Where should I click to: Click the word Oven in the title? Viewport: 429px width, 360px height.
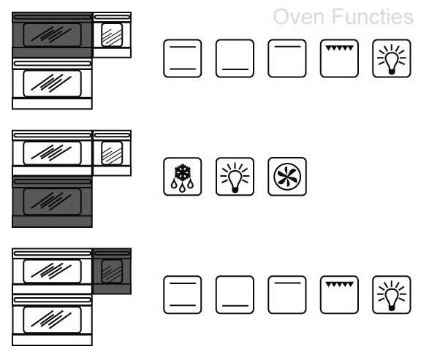[299, 17]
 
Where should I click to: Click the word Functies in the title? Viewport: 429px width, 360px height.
[373, 17]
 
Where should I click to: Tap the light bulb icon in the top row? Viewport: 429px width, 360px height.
[392, 58]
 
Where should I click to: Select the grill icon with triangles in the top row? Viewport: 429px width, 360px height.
[339, 58]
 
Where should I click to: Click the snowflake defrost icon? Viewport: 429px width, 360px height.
[183, 177]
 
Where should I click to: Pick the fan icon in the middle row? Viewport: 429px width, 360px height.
[287, 177]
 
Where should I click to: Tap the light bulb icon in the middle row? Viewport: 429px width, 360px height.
[235, 177]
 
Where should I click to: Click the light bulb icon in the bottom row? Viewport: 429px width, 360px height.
[392, 295]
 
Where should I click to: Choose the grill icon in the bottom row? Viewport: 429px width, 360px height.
[339, 295]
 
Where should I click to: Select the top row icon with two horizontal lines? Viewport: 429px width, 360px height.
[183, 58]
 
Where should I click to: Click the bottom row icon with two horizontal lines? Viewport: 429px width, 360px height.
[183, 295]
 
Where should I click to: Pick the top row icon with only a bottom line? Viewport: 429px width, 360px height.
[235, 58]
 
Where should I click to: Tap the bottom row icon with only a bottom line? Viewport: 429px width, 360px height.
[235, 295]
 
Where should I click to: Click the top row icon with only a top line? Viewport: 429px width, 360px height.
[287, 58]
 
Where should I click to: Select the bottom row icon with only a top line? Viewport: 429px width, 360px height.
[287, 295]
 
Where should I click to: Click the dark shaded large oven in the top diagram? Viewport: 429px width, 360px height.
[52, 35]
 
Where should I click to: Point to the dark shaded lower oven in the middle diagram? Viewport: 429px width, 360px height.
[52, 202]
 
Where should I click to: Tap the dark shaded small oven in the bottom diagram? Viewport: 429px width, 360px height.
[112, 271]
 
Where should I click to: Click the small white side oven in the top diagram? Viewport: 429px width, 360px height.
[112, 35]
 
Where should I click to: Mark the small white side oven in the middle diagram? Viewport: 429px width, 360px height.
[112, 153]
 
